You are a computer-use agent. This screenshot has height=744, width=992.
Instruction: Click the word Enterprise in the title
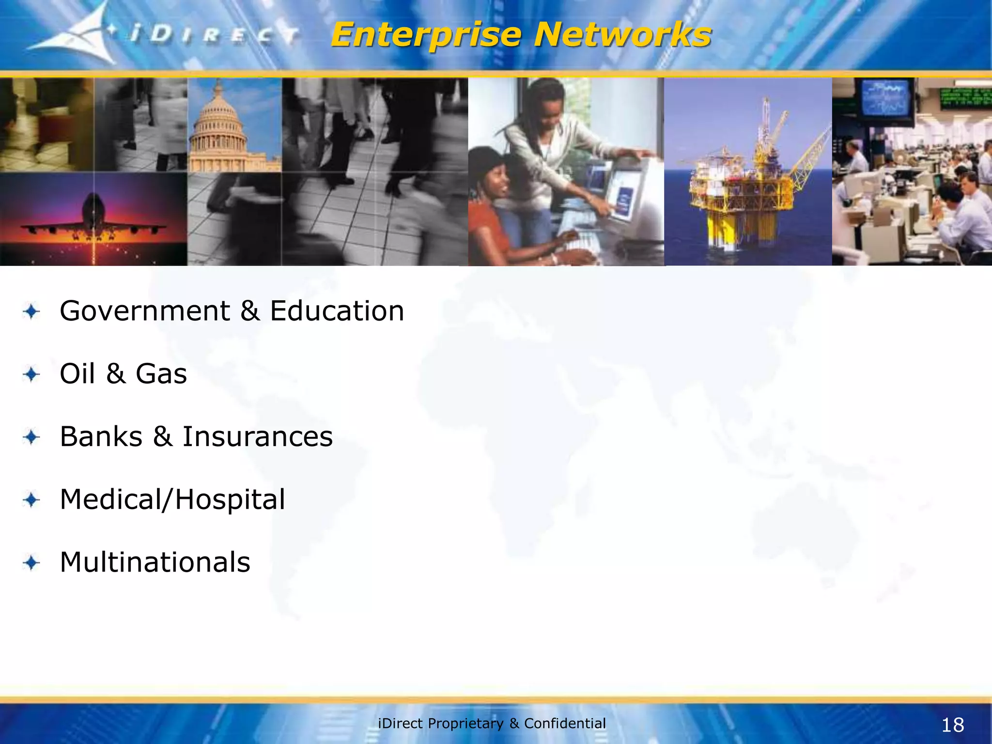point(426,36)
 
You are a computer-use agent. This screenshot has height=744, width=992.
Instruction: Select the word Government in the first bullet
point(144,311)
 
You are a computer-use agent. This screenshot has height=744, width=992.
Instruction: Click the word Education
point(337,311)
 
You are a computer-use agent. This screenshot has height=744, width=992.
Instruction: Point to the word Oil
point(77,374)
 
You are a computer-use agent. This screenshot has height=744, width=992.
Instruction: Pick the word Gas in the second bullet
point(161,374)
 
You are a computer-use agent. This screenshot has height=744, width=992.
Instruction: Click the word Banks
point(101,436)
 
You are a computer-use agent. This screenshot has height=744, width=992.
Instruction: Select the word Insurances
point(257,436)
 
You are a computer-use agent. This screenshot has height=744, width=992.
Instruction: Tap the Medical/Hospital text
point(172,499)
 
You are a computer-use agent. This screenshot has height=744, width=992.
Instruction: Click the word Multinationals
point(155,562)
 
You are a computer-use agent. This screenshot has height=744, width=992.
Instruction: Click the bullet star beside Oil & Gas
point(31,374)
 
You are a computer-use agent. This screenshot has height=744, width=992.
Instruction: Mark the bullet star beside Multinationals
point(31,563)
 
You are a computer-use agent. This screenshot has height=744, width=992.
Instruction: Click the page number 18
point(952,725)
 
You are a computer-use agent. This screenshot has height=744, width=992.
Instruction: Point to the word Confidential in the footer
point(565,723)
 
